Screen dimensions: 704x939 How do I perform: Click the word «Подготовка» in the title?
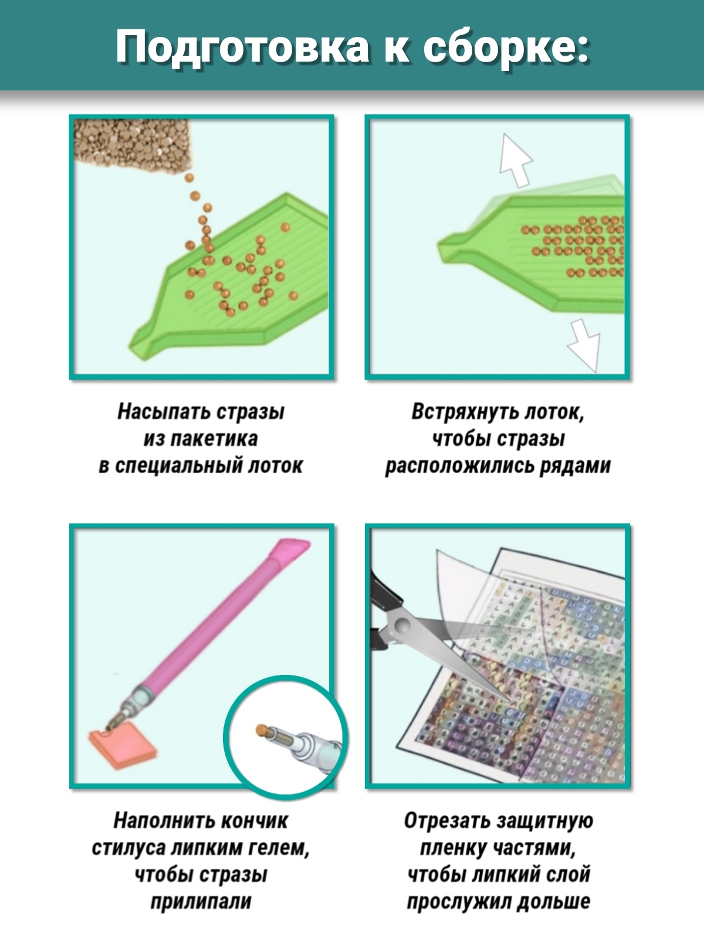[x=242, y=48]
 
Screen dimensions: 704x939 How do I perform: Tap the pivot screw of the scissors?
[x=401, y=626]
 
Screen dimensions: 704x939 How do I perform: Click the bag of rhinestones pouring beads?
[x=133, y=146]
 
